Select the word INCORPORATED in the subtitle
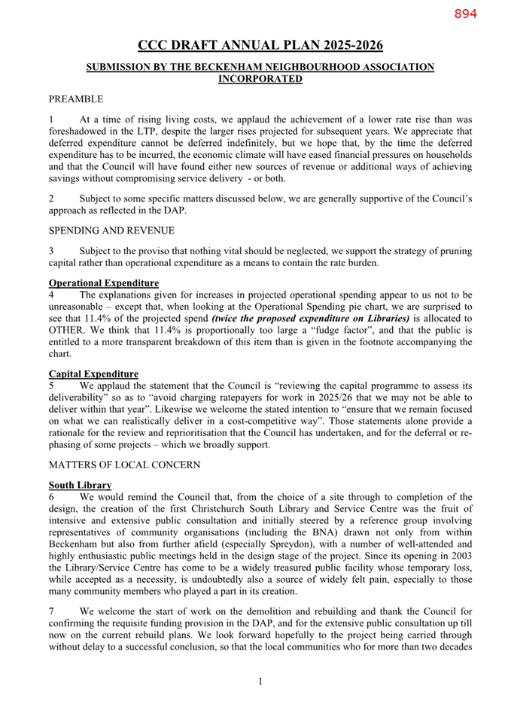click(x=260, y=78)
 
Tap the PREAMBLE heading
click(x=76, y=99)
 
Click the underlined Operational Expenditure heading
click(x=104, y=283)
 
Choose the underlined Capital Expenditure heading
click(x=93, y=374)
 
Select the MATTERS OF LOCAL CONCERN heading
click(x=124, y=465)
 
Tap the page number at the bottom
click(x=260, y=682)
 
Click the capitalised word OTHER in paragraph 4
click(x=68, y=329)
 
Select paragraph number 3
click(x=52, y=250)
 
